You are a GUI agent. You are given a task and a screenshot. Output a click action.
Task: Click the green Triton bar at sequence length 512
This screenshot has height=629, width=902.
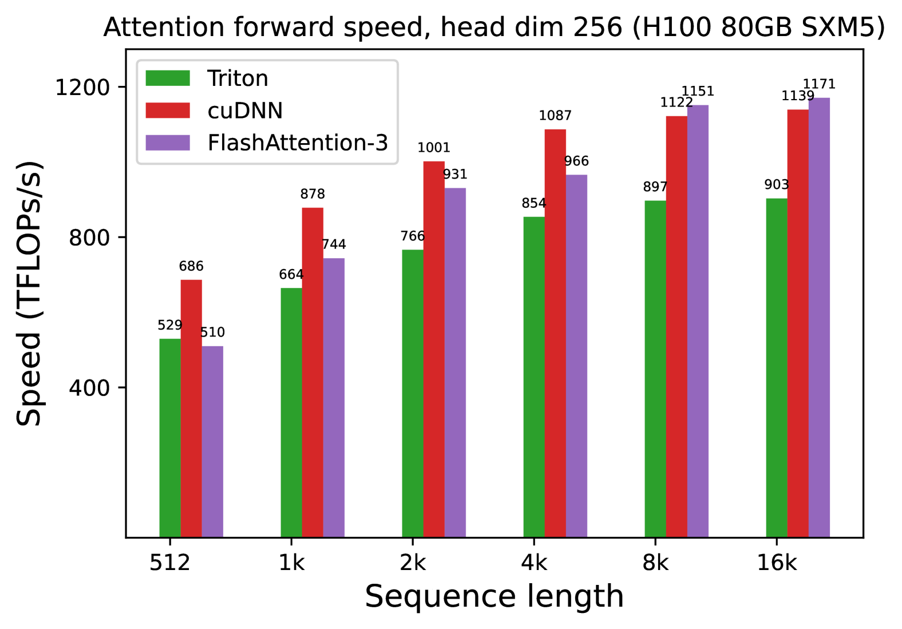pos(170,438)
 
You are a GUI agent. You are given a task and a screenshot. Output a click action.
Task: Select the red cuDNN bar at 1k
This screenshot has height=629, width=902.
pos(312,372)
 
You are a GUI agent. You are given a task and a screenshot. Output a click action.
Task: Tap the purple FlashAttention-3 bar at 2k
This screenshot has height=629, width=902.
pos(455,362)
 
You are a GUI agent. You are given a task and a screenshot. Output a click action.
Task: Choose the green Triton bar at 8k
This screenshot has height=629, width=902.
pos(655,369)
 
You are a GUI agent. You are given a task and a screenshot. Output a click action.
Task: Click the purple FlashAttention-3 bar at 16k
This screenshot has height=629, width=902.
pos(819,318)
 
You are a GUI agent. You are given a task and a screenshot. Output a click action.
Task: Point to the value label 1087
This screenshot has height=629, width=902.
pos(555,116)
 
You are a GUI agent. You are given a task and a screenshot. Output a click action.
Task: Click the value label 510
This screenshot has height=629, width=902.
pos(212,333)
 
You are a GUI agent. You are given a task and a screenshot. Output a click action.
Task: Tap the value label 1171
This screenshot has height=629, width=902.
pos(819,84)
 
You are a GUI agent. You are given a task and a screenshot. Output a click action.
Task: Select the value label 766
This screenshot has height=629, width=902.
pos(413,236)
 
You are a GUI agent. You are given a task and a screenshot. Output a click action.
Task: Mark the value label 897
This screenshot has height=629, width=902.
pos(655,187)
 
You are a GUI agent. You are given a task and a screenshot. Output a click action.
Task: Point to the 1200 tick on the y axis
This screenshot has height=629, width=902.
pos(82,88)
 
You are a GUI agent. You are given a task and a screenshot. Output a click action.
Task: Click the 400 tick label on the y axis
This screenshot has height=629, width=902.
pos(89,388)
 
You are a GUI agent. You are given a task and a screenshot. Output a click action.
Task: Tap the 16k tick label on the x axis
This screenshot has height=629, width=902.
pos(777,563)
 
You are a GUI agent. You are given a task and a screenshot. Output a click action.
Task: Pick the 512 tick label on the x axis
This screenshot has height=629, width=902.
pos(170,563)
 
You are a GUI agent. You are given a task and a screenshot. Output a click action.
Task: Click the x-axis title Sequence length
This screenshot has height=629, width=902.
pos(494,596)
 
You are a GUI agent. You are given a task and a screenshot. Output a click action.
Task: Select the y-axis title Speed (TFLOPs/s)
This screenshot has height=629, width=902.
pos(29,294)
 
